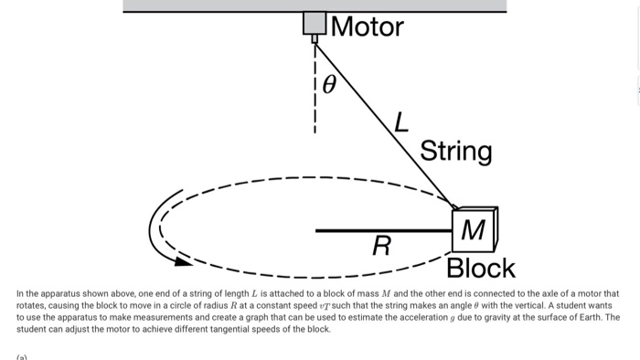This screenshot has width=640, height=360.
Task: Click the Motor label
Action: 367,26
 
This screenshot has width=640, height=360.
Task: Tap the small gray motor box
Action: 315,23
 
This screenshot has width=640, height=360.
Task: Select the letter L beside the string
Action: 400,121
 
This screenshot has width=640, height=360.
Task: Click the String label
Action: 455,151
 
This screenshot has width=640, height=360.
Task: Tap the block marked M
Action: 474,229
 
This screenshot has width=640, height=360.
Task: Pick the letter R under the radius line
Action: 382,246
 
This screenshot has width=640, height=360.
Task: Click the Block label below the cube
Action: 480,269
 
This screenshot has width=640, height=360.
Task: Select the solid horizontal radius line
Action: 384,230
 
